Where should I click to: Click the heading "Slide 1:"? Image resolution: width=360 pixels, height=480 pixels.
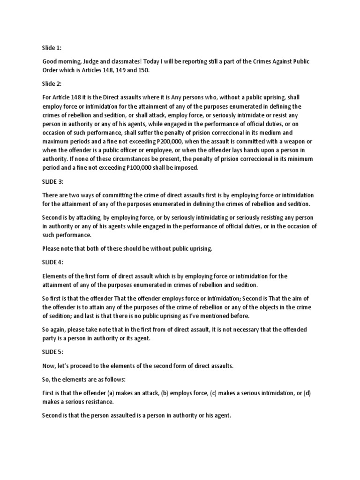tap(52, 47)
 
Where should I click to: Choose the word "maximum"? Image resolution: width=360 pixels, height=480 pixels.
tap(57, 141)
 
